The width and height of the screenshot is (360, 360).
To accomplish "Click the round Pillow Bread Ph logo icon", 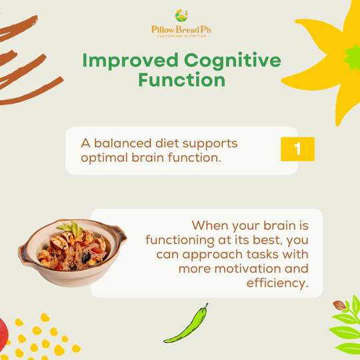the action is coord(181,15).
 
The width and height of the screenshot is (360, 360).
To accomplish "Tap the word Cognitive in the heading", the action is coord(233,61).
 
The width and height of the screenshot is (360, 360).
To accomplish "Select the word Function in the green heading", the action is coord(181,80).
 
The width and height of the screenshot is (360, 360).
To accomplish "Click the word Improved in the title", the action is coord(130,61).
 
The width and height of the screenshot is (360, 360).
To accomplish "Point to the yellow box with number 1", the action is coord(297,149).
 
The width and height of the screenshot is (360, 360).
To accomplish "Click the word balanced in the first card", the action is coord(123,143).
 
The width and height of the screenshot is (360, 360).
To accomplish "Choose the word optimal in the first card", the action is coord(105,158).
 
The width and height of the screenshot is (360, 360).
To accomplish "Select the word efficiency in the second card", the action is coord(277,283).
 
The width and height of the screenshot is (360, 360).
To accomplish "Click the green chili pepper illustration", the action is coord(186,323).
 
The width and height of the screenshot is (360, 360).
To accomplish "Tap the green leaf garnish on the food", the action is coord(71,227).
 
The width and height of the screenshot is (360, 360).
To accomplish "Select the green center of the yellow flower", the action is coord(353,57).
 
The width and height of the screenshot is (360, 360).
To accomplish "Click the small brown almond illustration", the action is coord(339,305).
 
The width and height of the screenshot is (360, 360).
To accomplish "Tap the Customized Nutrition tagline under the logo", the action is coord(181,36).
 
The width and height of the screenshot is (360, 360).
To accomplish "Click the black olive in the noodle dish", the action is coord(86,257).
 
